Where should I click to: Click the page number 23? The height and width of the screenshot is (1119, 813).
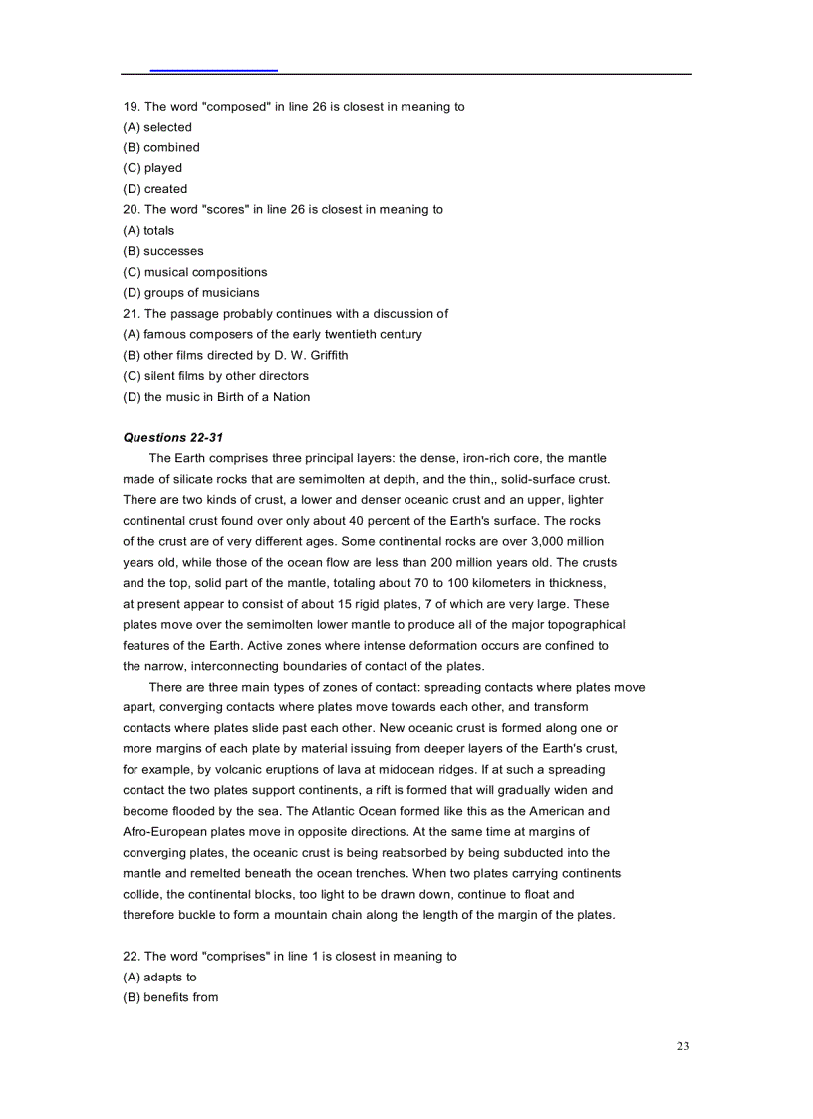683,1046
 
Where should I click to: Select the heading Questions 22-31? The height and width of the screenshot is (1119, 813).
166,437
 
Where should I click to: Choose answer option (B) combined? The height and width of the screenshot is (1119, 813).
161,147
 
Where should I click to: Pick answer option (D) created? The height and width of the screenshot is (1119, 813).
155,189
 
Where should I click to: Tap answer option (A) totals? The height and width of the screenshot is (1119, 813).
148,230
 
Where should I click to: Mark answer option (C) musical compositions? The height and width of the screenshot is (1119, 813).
195,272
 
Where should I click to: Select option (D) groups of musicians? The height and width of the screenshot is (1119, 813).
191,293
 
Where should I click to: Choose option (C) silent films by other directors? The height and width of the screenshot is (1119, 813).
216,376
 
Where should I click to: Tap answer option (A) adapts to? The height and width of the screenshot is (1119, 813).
160,978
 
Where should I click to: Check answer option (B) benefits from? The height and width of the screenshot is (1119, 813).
170,997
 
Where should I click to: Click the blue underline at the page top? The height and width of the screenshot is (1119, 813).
213,71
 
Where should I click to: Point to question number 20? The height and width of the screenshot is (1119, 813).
132,210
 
